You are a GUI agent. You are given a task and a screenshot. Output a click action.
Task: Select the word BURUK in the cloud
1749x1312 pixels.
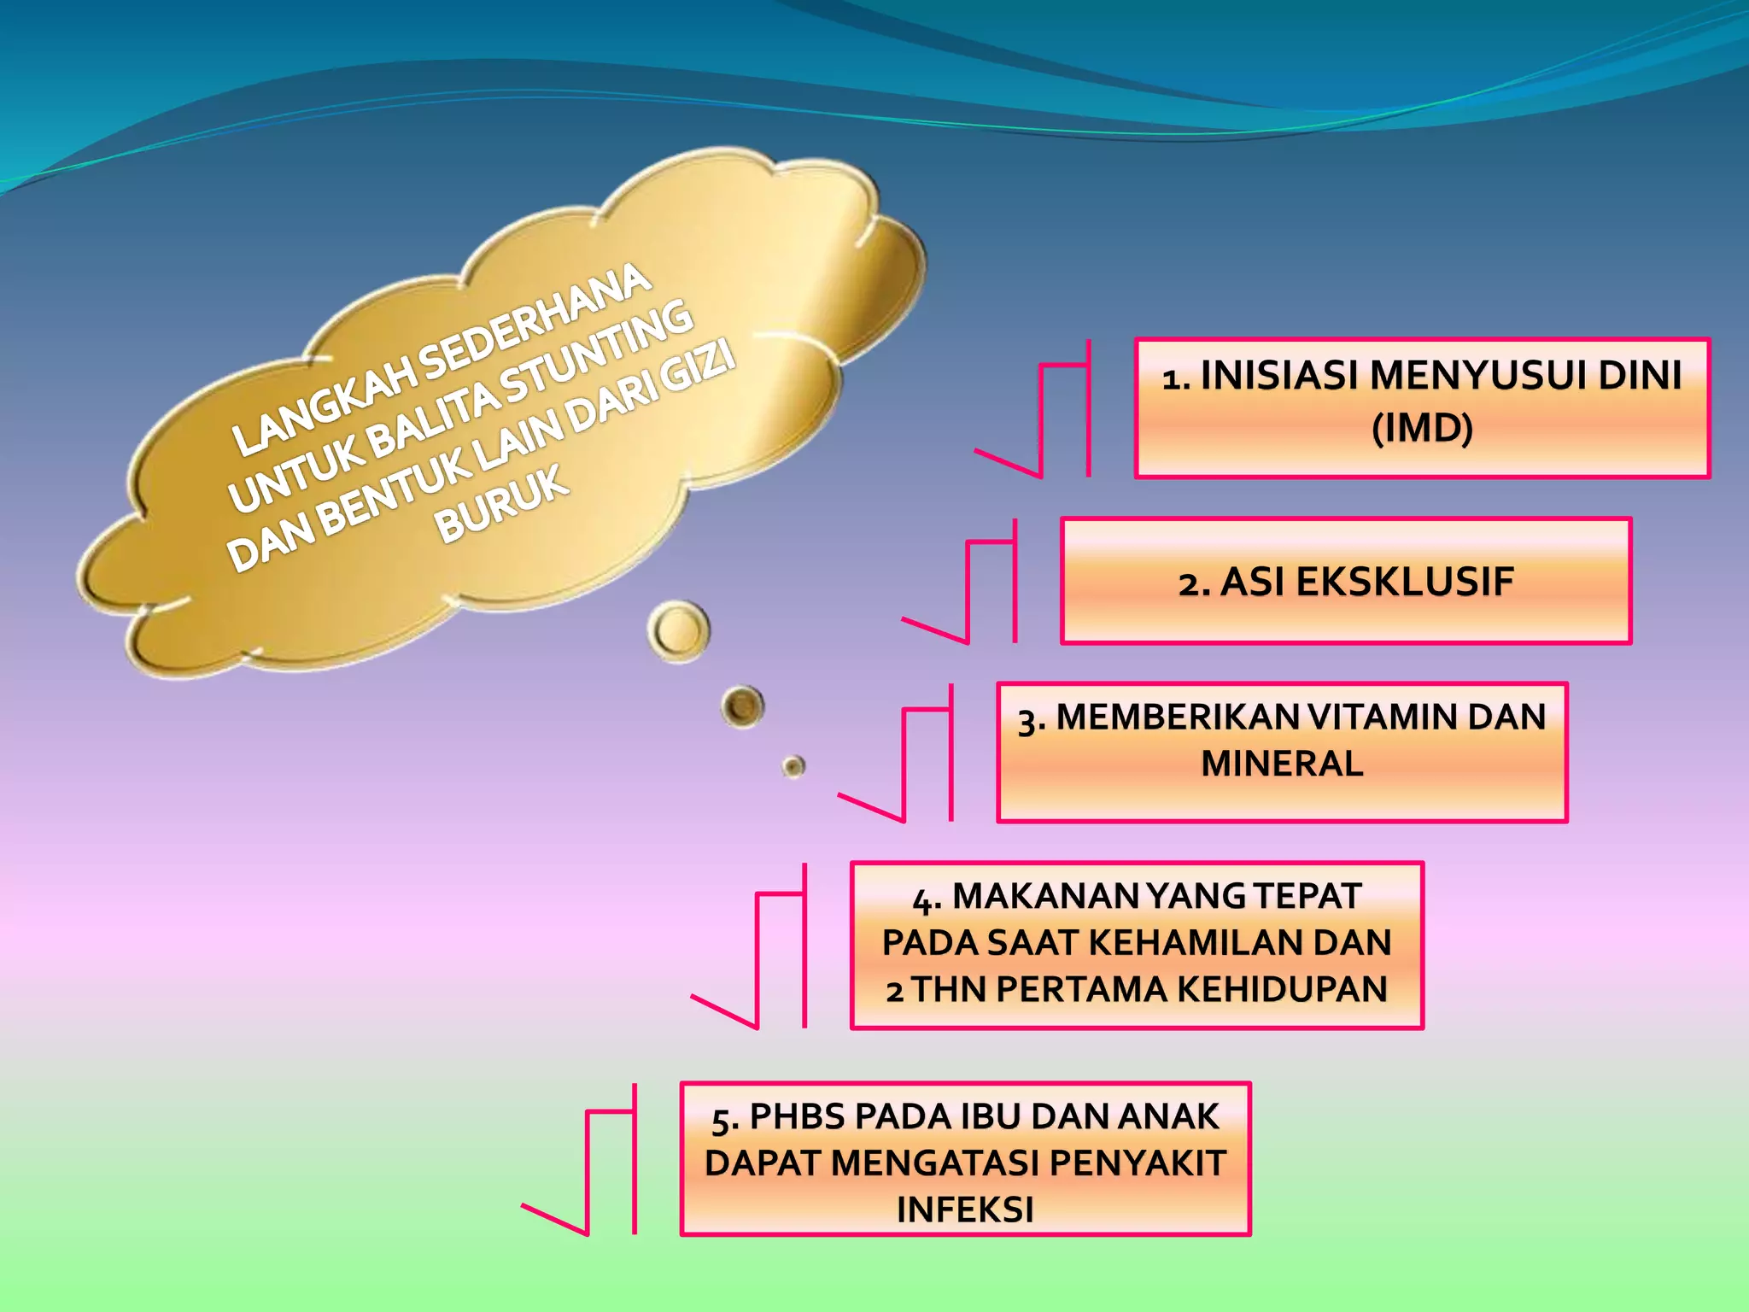[x=502, y=504]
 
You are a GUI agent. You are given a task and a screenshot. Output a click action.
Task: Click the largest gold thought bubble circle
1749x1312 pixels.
[x=679, y=631]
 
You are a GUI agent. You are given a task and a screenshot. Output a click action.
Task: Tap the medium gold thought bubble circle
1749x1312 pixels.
[x=742, y=706]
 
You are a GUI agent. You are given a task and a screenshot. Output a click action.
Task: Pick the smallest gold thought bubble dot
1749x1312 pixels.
[x=793, y=766]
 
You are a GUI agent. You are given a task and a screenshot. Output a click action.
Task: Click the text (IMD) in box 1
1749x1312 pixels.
[x=1422, y=428]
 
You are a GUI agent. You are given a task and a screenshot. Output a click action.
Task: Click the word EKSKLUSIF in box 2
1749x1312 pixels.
[x=1404, y=583]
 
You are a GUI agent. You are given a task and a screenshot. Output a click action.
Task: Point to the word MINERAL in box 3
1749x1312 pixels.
[x=1282, y=764]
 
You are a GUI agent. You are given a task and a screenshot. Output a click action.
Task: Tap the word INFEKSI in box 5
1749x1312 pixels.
[x=965, y=1209]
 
